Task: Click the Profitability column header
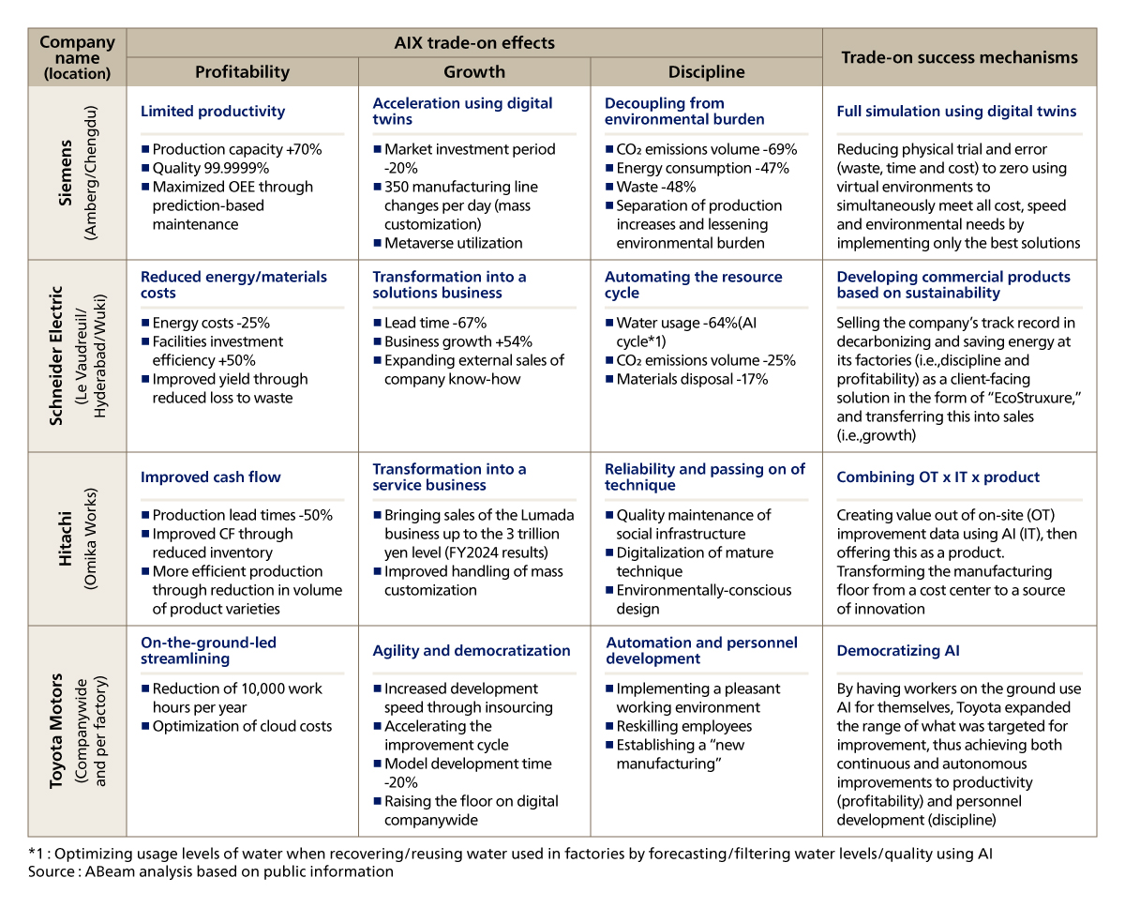coord(242,72)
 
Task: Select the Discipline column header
coord(706,72)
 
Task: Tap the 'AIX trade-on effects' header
coord(473,43)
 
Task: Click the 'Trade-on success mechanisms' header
coord(959,57)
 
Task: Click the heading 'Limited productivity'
coord(213,112)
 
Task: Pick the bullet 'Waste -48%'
coord(655,187)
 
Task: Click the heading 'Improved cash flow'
coord(211,477)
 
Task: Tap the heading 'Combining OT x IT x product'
coord(940,477)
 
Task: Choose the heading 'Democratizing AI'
coord(897,651)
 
